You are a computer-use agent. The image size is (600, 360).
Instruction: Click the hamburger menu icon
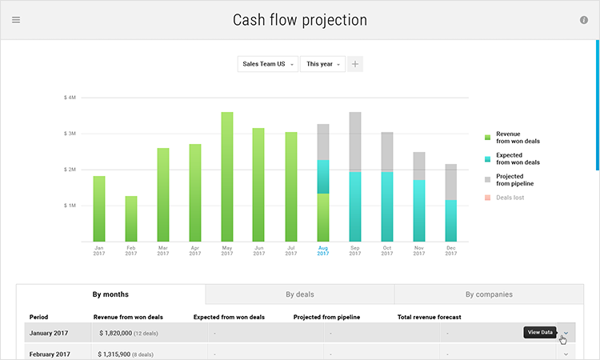coord(16,20)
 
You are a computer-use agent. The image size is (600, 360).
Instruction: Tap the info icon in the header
coord(584,20)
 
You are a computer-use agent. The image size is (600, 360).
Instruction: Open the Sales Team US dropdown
coord(267,64)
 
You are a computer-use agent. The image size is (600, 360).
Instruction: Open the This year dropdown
coord(322,64)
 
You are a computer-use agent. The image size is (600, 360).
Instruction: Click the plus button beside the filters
coord(355,64)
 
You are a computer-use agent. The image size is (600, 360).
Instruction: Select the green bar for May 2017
coord(227,176)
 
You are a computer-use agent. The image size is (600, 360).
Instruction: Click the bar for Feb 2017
coord(131,218)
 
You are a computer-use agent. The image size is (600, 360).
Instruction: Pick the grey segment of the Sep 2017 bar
coord(355,142)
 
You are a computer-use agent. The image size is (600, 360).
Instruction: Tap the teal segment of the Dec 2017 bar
coord(451,221)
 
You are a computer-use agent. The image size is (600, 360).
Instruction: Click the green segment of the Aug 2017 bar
coord(323,218)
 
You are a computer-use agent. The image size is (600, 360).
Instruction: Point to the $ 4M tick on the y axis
coord(70,98)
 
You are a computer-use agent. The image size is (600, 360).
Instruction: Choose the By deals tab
coord(299,294)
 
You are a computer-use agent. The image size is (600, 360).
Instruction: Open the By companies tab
coord(489,294)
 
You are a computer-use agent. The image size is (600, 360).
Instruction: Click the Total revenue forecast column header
coord(429,317)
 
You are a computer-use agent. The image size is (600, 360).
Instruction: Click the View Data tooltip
coord(538,332)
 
